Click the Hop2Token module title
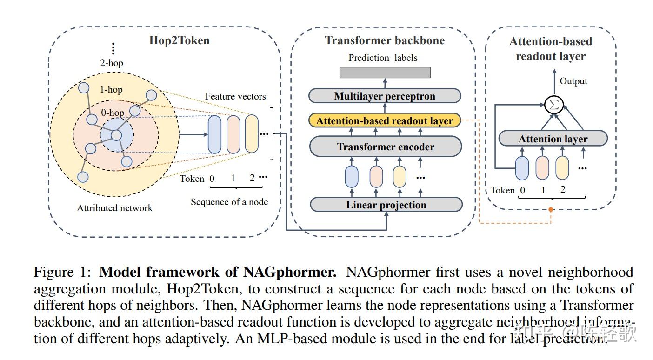pyautogui.click(x=179, y=40)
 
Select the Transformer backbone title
pyautogui.click(x=385, y=40)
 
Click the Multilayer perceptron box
pyautogui.click(x=385, y=96)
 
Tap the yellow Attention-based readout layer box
pyautogui.click(x=385, y=121)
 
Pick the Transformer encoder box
pyautogui.click(x=385, y=147)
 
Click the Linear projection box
pyautogui.click(x=386, y=205)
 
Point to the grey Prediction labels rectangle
pyautogui.click(x=385, y=73)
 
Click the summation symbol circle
pyautogui.click(x=553, y=105)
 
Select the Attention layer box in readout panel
pyautogui.click(x=553, y=139)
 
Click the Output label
pyautogui.click(x=573, y=81)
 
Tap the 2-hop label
pyautogui.click(x=112, y=63)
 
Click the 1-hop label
pyautogui.click(x=111, y=89)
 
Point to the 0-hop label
pyautogui.click(x=112, y=113)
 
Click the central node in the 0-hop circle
pyautogui.click(x=116, y=135)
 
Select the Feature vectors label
pyautogui.click(x=235, y=97)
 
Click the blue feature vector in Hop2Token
pyautogui.click(x=214, y=134)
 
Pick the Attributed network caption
pyautogui.click(x=114, y=208)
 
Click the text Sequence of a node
pyautogui.click(x=229, y=202)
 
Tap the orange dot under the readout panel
pyautogui.click(x=551, y=210)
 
